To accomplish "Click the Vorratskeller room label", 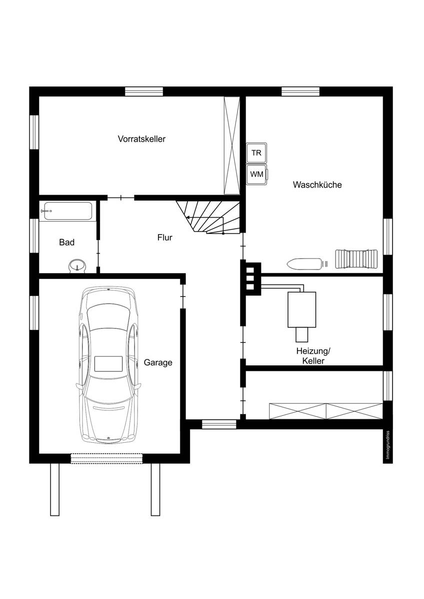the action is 141,139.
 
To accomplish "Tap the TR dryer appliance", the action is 256,153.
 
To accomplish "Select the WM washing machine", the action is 257,174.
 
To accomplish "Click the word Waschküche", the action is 317,185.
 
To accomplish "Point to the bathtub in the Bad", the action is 68,211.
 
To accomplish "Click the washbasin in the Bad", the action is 77,266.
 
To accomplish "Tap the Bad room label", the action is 66,243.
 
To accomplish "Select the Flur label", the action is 164,238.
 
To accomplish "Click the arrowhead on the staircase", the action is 188,218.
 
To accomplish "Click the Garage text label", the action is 158,362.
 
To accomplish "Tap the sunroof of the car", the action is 108,364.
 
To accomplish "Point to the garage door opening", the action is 106,458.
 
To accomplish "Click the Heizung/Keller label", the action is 313,356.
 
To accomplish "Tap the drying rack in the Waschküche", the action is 356,259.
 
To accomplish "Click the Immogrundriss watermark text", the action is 387,445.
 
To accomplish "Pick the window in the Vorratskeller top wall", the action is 144,91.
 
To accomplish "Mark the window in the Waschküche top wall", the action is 300,91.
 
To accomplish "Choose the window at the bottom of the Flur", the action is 219,424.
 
